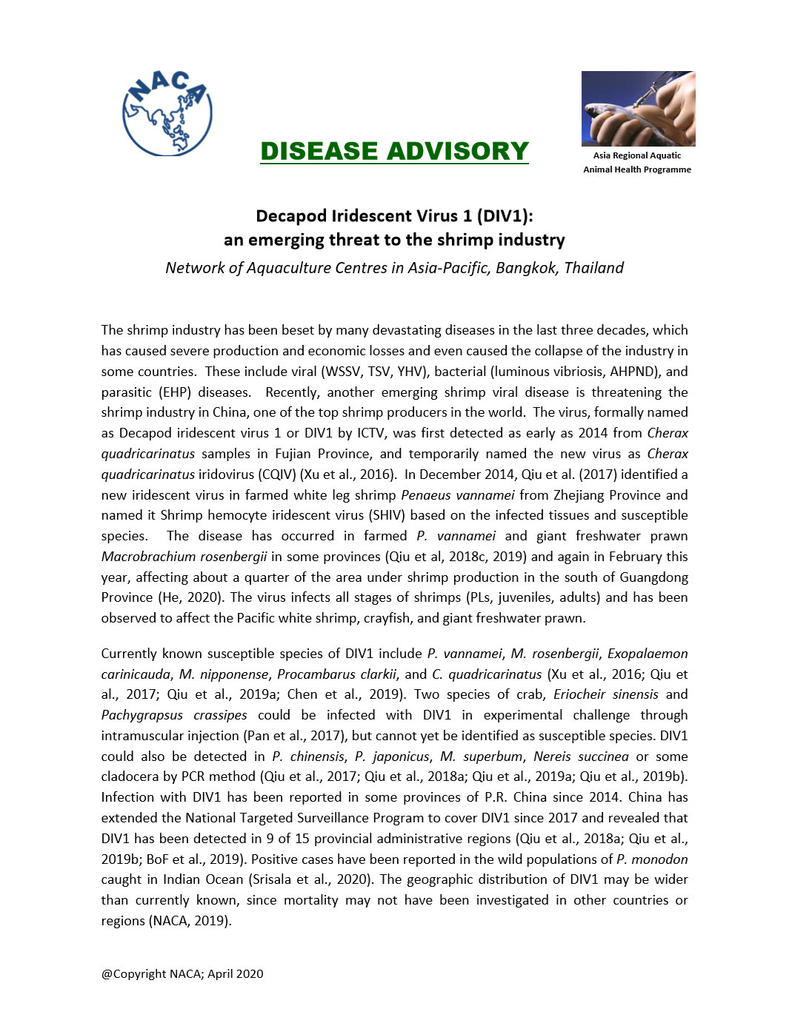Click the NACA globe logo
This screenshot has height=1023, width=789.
tap(167, 113)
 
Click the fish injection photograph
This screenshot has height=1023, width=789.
tap(638, 108)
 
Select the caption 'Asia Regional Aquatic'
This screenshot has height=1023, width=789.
tap(636, 155)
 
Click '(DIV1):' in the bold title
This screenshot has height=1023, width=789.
tap(505, 216)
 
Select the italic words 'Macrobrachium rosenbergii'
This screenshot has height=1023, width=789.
tap(184, 557)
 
